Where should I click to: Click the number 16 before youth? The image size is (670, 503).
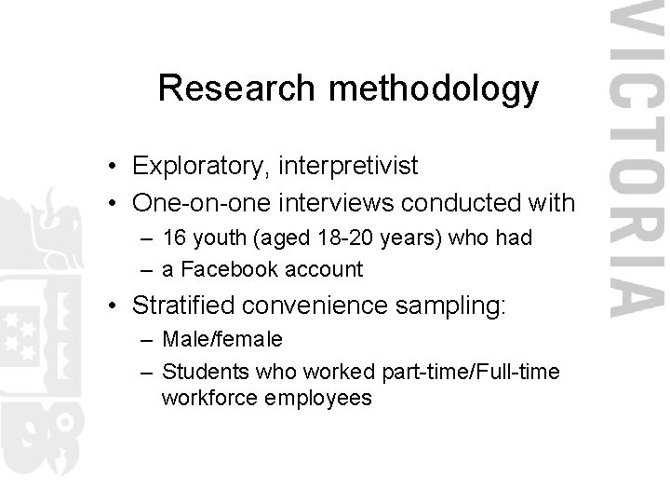tap(174, 238)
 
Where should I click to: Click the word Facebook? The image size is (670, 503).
tap(223, 270)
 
